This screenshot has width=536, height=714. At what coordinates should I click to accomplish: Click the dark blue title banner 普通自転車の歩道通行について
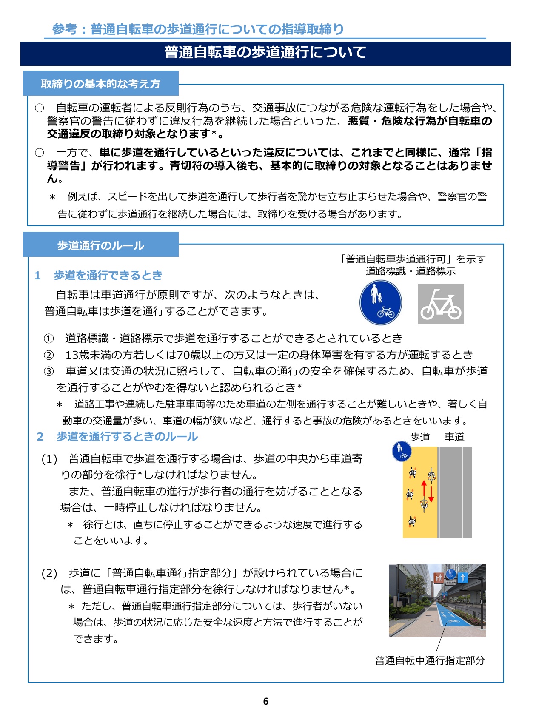click(x=265, y=53)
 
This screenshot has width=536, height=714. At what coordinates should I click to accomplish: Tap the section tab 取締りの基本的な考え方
click(x=100, y=84)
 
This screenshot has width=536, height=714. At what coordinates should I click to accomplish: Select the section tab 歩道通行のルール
click(x=101, y=245)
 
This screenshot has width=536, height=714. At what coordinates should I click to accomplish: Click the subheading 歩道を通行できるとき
click(x=108, y=275)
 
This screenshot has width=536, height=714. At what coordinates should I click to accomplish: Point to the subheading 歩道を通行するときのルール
click(x=127, y=437)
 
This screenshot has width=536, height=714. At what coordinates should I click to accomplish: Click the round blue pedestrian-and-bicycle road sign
click(x=380, y=303)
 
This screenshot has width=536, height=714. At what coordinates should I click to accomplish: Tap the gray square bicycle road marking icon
click(x=441, y=304)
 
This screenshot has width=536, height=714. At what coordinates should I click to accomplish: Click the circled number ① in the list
click(x=49, y=339)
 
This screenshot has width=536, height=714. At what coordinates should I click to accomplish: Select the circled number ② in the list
click(x=49, y=355)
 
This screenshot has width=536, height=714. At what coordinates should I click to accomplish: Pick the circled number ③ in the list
click(x=49, y=371)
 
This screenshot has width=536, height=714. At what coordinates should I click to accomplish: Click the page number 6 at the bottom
click(x=266, y=701)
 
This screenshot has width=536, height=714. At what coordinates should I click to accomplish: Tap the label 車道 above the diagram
click(x=454, y=437)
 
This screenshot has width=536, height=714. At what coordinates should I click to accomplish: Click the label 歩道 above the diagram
click(x=420, y=437)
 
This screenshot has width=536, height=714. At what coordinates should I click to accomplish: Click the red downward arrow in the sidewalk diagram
click(x=431, y=493)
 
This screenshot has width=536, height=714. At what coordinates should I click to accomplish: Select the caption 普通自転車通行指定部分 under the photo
click(x=430, y=660)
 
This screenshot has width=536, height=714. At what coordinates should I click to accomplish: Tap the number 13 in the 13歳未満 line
click(x=71, y=355)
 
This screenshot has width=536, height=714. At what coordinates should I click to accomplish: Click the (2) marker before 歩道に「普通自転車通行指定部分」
click(x=49, y=573)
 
